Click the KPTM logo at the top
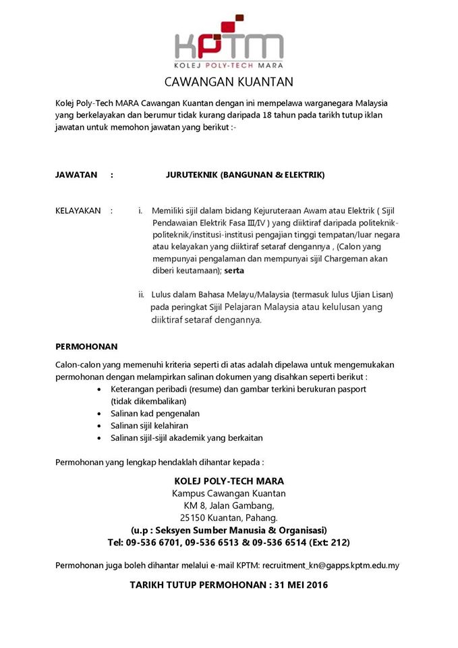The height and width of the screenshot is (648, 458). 229,42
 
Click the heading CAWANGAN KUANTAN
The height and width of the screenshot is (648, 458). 229,83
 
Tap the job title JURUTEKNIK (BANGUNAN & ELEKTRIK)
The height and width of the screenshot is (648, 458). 245,175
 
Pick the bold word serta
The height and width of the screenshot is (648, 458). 235,271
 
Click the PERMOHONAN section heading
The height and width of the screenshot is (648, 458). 86,346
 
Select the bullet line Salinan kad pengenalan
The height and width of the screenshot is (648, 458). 155,413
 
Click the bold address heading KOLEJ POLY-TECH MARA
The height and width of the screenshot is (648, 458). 229,481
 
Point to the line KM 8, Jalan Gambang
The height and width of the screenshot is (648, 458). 229,506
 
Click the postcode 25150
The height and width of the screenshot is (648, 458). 194,518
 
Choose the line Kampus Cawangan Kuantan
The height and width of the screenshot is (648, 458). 229,493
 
